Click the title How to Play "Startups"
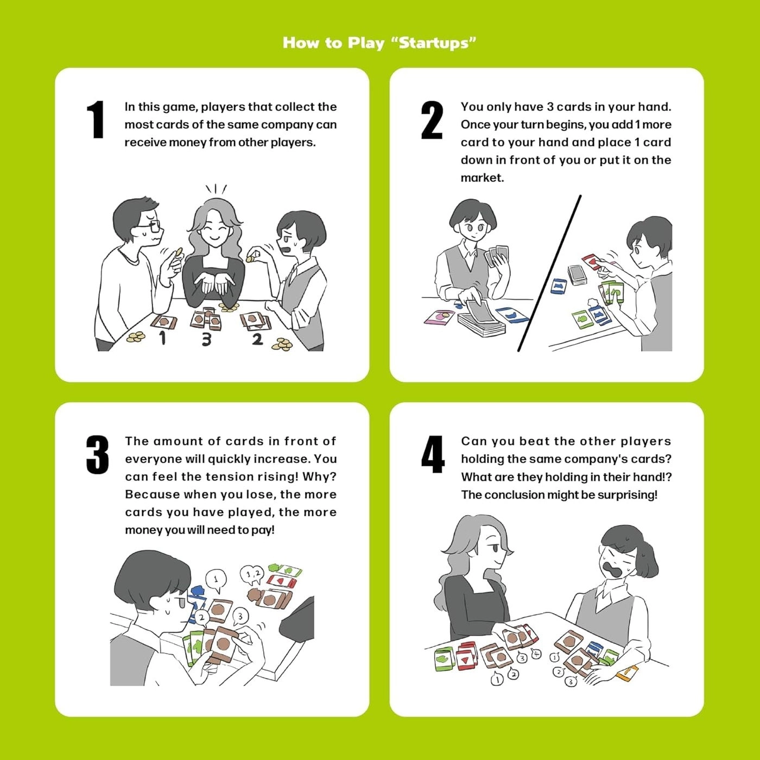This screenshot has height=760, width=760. point(379,43)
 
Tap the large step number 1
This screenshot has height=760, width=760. point(96,119)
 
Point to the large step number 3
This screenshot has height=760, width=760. point(97,455)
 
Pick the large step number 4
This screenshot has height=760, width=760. point(433,455)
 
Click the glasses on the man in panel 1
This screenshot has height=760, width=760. point(152,224)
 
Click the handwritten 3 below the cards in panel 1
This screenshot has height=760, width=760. point(206,340)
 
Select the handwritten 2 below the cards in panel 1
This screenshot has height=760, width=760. point(257,339)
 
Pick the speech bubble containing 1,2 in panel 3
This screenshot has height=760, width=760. point(252,574)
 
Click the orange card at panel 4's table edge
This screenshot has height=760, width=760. point(627,673)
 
